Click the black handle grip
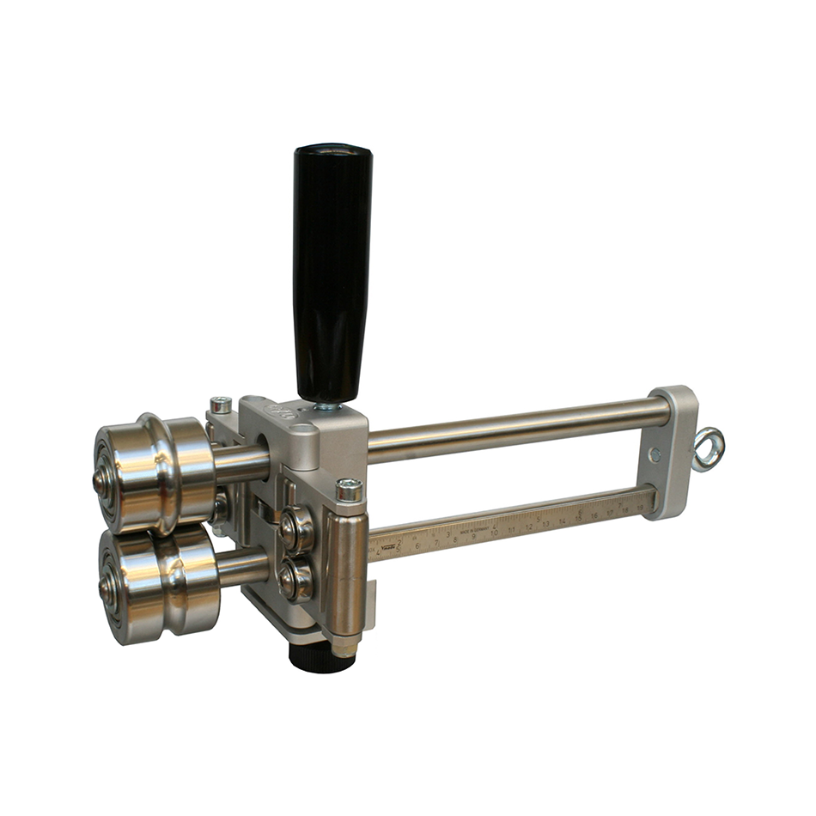point(332,266)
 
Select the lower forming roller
point(159,583)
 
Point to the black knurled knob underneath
point(320,656)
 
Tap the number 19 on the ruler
point(639,509)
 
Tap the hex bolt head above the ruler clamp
point(349,490)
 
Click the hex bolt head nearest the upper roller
point(221,404)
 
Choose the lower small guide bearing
point(297,579)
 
